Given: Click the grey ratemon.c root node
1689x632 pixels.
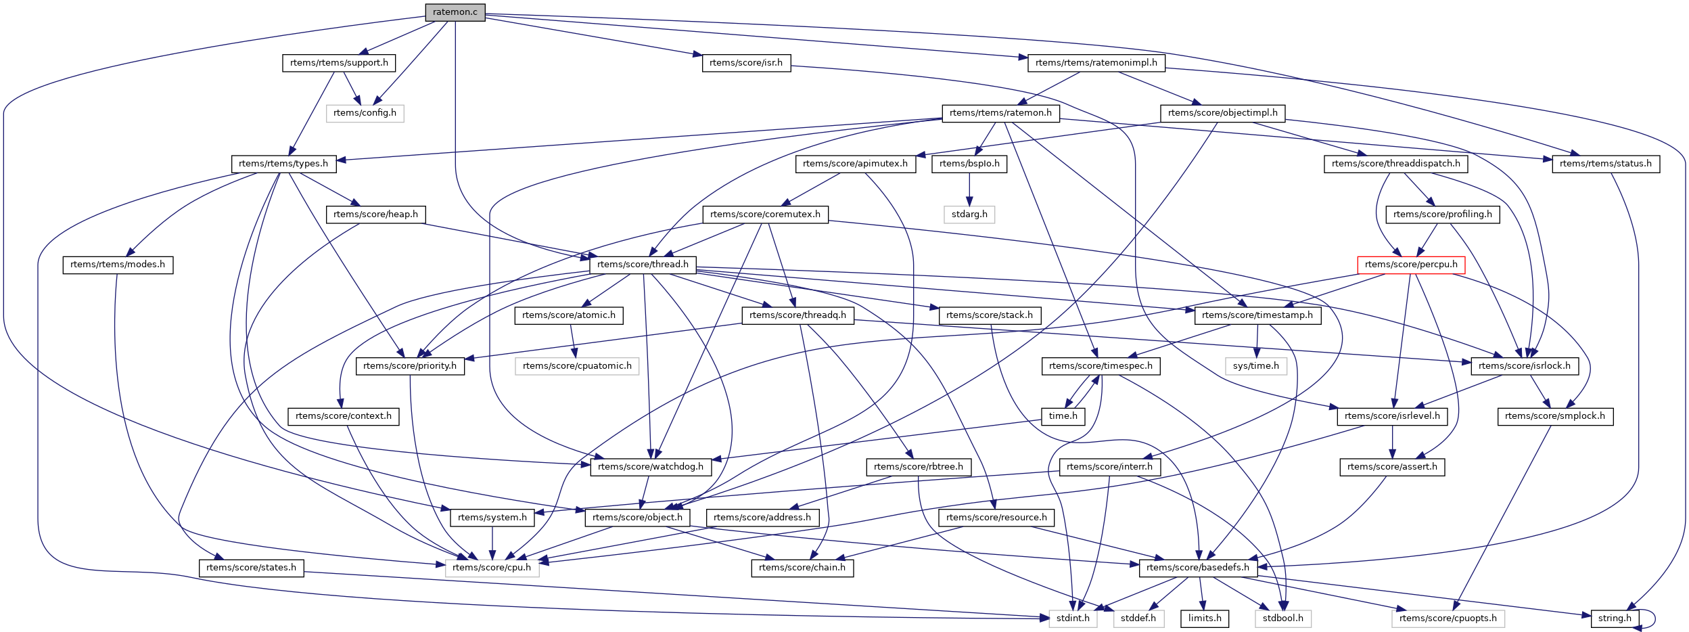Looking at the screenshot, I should (455, 12).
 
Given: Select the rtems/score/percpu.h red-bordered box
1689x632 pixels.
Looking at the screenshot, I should (1411, 265).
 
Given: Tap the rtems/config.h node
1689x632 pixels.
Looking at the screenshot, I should (365, 113).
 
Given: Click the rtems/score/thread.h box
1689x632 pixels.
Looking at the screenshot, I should (643, 265).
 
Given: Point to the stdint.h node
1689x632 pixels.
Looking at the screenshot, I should (1073, 618).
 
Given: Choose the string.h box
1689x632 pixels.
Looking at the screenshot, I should (1615, 618).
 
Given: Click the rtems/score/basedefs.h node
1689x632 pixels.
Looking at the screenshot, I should (1198, 568).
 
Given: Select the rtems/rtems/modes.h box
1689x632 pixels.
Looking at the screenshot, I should (118, 265).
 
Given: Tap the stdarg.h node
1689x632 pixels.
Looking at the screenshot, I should (969, 215).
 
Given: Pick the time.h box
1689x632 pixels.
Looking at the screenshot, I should (1063, 416).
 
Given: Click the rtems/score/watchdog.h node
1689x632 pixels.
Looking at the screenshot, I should (651, 467).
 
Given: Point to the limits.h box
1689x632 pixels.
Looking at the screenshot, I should (1205, 618).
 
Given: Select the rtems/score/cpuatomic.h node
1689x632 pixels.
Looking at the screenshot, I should (577, 366).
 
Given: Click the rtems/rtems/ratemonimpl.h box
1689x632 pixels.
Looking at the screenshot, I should (1096, 63).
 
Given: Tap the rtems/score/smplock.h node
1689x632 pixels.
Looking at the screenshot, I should (1555, 416).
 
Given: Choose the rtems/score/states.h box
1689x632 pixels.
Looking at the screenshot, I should (251, 568).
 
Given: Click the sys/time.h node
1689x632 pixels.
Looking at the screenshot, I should (1255, 366).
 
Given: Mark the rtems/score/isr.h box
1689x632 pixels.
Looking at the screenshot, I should (746, 63).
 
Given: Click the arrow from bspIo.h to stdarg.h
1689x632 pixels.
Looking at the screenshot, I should (969, 189).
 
